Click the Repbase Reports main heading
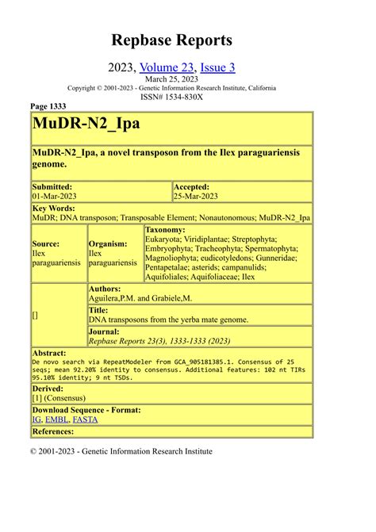171,40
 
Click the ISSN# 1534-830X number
171,97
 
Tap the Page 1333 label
48,106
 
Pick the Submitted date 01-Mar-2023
59,196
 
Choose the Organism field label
109,244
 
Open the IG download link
37,419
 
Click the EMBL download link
56,419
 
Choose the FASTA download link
85,419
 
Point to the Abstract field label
49,352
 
